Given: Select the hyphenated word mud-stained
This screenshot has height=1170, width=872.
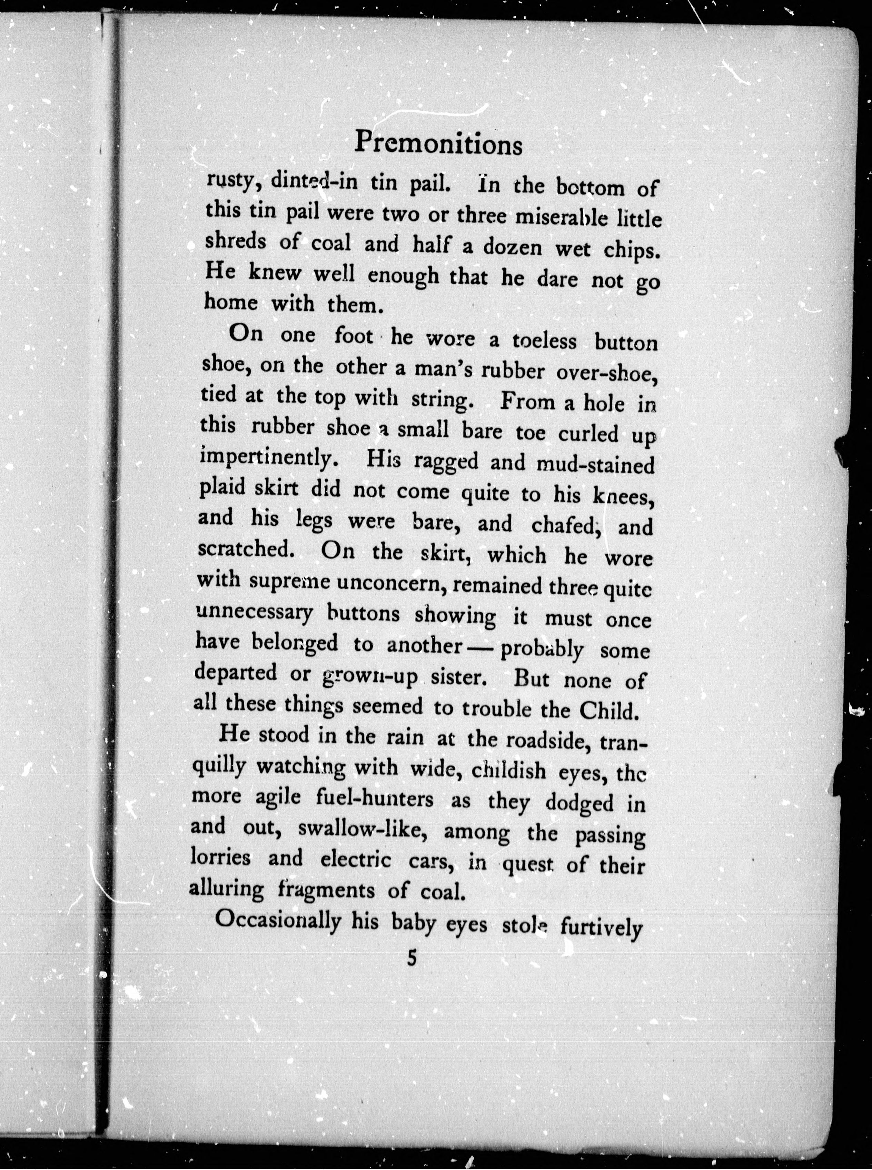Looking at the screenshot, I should [595, 464].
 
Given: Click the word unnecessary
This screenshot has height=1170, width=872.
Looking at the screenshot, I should [254, 613].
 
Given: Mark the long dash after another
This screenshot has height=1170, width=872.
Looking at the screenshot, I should [484, 646].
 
